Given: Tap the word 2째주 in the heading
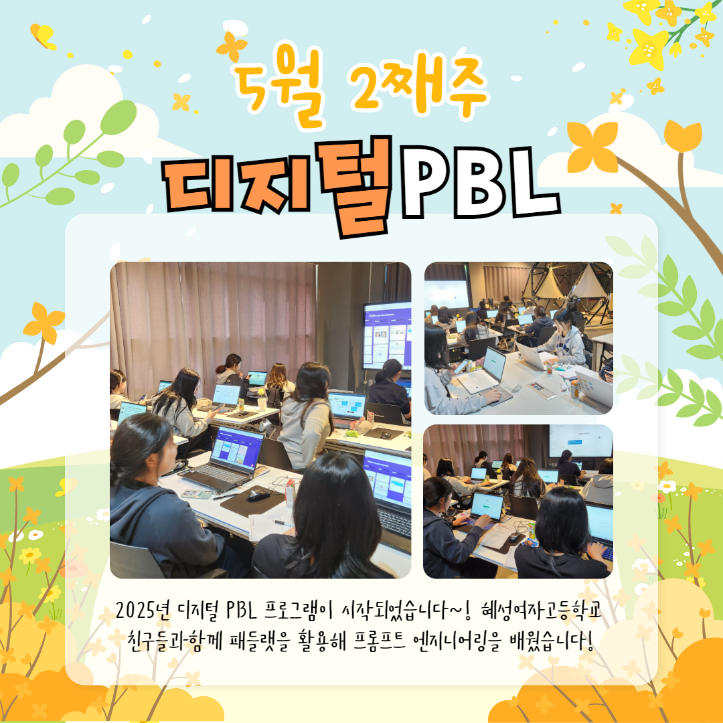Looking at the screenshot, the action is coord(418,85).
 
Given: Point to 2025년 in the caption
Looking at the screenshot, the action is coord(143,611).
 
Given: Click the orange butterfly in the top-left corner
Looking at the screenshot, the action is coord(42,36).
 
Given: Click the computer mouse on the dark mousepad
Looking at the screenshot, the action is coord(258,495).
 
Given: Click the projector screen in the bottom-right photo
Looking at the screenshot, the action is coord(580,441).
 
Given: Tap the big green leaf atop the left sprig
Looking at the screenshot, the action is coord(118,117).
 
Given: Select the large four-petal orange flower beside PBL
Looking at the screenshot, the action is coord(592,147).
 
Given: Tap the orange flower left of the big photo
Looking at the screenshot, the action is coord(44,323).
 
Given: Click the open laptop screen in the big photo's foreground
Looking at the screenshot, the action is coord(236,447).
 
